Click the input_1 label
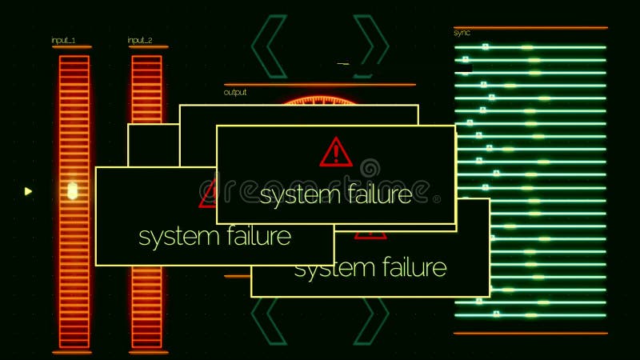(x=63, y=40)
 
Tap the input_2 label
(x=140, y=40)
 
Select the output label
(x=235, y=92)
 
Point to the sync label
(x=462, y=33)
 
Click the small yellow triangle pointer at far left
(x=28, y=191)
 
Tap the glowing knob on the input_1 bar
(x=72, y=191)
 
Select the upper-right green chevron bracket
(x=370, y=46)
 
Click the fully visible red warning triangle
(x=336, y=152)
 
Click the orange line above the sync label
(x=530, y=28)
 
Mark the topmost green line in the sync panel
(x=530, y=47)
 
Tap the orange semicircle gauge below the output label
(x=320, y=101)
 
